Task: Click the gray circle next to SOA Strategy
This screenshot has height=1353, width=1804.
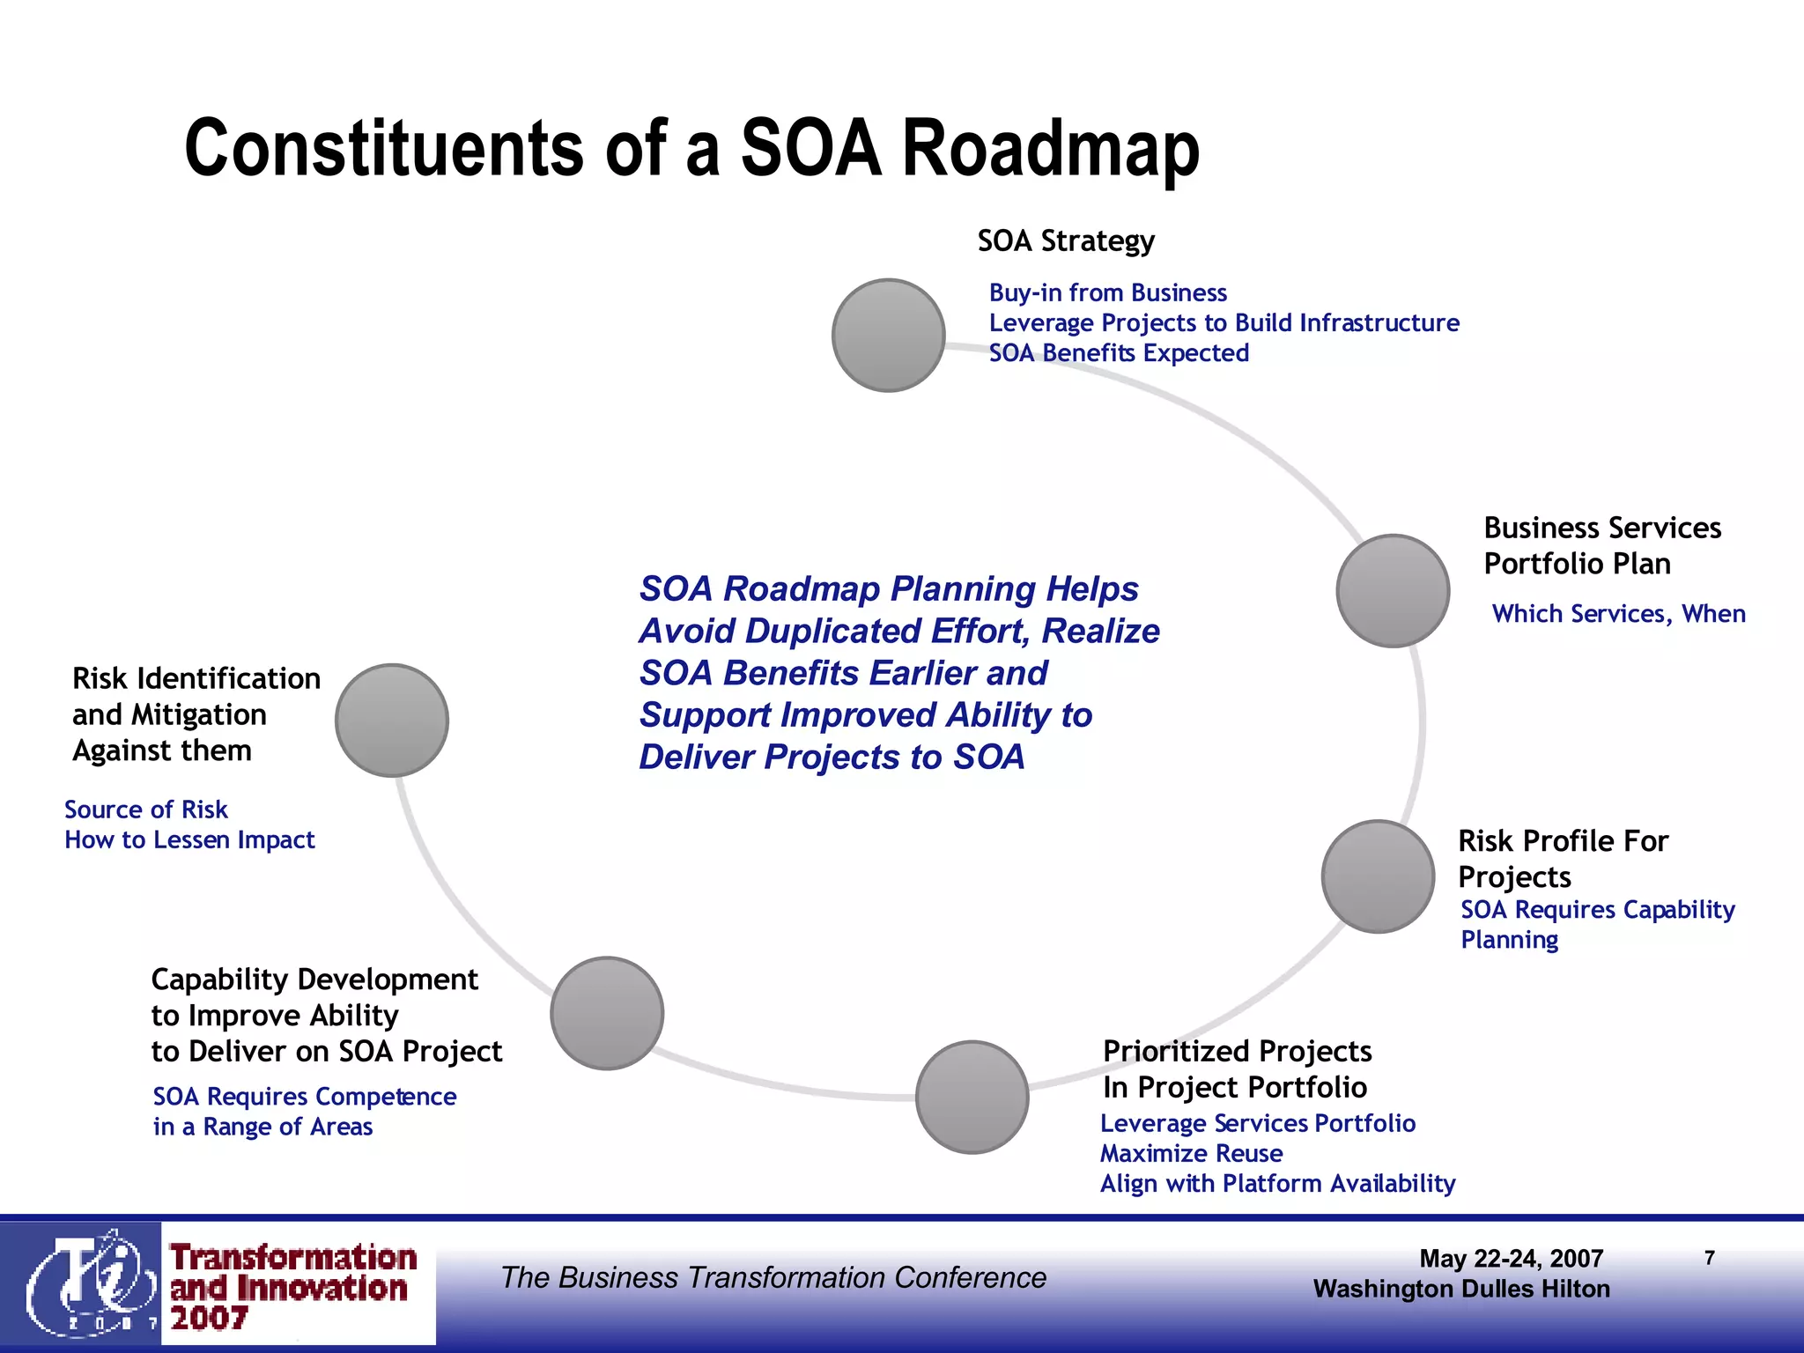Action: click(888, 336)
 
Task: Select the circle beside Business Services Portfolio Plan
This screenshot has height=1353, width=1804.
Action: click(1393, 591)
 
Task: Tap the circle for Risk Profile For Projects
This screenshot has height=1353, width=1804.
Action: click(1378, 876)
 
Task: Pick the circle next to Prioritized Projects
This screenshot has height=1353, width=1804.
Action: click(972, 1097)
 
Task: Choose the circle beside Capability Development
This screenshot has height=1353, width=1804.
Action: click(607, 1013)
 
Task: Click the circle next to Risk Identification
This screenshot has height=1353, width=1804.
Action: click(392, 721)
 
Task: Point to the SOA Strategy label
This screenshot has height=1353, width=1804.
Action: click(1066, 240)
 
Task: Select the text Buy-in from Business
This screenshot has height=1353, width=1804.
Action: click(1107, 292)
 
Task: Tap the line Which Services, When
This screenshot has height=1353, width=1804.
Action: click(1618, 613)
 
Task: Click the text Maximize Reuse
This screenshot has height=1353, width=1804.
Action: click(1191, 1153)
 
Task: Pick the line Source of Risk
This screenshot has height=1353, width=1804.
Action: click(146, 810)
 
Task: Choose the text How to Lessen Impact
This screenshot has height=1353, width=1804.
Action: click(189, 839)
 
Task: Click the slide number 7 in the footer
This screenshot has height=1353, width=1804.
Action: click(1709, 1258)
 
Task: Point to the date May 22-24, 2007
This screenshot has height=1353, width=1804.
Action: click(1511, 1258)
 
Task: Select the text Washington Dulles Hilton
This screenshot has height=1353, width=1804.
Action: click(1461, 1289)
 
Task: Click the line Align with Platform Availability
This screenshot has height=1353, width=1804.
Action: click(1277, 1183)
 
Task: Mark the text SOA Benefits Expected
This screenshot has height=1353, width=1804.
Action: click(1119, 352)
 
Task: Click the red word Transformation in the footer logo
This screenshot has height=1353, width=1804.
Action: click(293, 1257)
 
